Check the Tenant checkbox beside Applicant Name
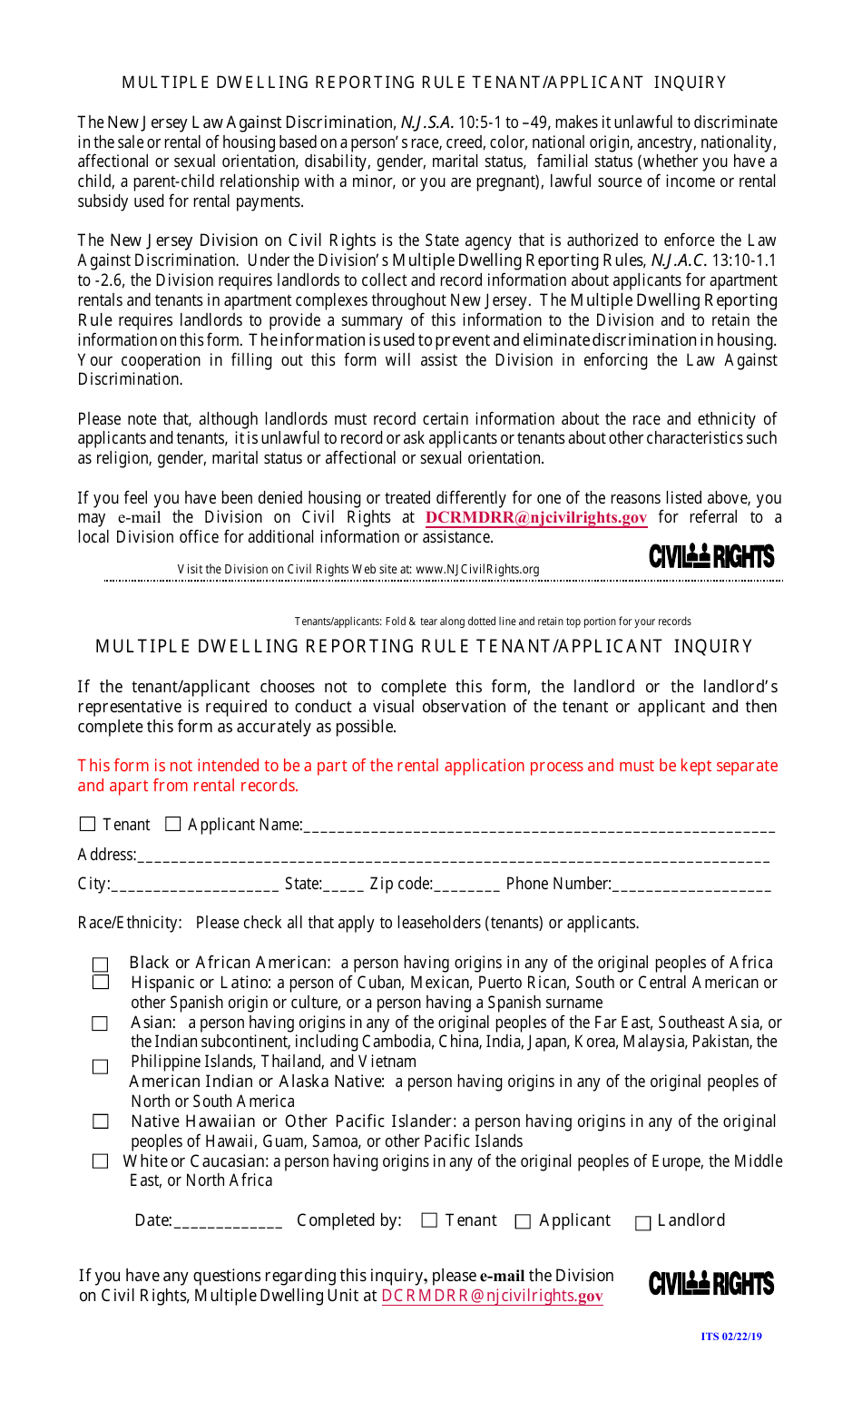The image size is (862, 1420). (88, 824)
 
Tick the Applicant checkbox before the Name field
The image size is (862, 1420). (173, 824)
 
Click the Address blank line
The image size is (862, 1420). (453, 856)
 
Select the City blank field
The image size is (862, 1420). (194, 885)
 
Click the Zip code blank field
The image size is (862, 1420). (466, 885)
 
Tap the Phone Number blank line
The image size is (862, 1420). (691, 885)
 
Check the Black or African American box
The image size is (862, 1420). (101, 965)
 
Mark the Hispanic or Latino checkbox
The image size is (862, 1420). (101, 983)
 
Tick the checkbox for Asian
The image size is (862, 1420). (100, 1023)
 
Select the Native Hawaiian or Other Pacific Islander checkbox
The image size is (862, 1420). (101, 1121)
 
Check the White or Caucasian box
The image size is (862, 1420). (101, 1161)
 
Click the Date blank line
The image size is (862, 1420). (228, 1222)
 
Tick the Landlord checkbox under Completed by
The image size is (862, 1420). (643, 1223)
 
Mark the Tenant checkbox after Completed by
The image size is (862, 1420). (430, 1221)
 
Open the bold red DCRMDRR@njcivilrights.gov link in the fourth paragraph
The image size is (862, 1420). (535, 517)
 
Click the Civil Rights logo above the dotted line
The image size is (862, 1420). (711, 556)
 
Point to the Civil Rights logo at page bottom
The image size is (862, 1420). (711, 1284)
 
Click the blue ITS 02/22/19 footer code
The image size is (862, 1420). (731, 1337)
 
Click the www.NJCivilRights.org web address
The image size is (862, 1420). (477, 570)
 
